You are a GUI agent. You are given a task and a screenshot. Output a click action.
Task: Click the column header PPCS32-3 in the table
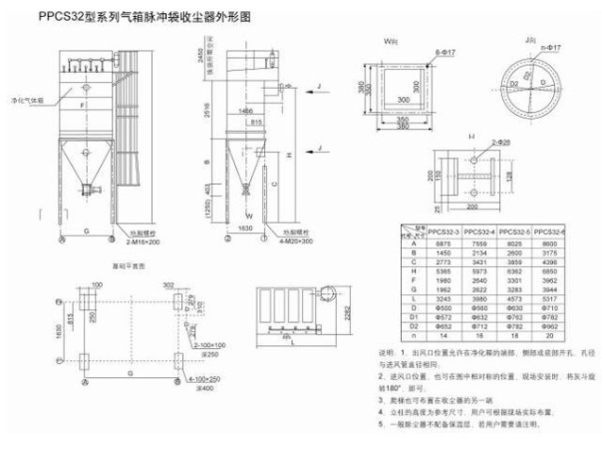pyautogui.click(x=443, y=231)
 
